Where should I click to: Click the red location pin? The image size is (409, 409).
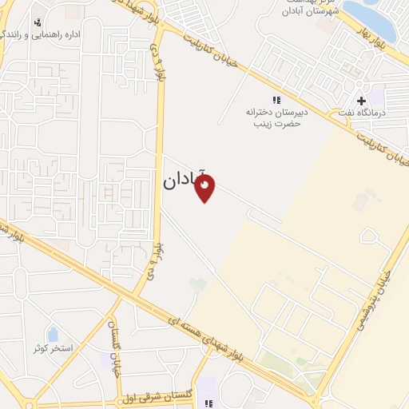click(x=206, y=189)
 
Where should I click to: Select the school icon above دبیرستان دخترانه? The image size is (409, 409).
click(x=276, y=101)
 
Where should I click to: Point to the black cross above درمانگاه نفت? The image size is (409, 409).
click(x=362, y=101)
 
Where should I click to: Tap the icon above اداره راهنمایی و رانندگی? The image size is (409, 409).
click(x=38, y=21)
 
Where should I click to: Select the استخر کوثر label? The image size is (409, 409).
click(x=53, y=349)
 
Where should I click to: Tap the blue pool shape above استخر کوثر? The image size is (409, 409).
click(x=53, y=334)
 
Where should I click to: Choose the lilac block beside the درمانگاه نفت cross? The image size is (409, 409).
click(x=376, y=99)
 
